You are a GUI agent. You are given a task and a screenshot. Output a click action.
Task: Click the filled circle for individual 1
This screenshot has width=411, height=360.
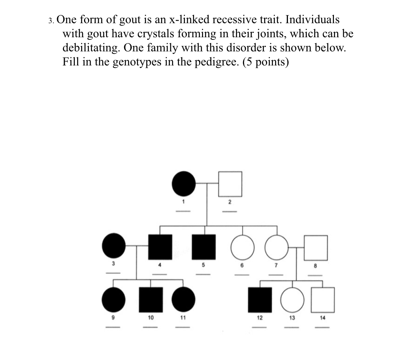click(184, 183)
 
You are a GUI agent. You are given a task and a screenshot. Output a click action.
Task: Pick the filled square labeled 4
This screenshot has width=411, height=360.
click(160, 246)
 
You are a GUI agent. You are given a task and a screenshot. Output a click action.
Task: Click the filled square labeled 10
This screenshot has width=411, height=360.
click(151, 299)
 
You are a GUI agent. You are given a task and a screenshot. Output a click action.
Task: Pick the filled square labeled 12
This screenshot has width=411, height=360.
click(260, 299)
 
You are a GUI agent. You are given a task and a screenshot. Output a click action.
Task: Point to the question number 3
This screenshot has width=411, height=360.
click(51, 20)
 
